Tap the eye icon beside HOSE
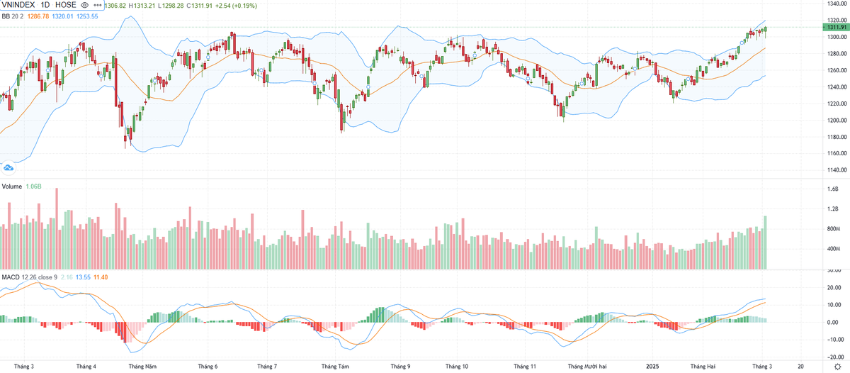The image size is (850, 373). pyautogui.click(x=84, y=5)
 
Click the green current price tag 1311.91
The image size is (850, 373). pyautogui.click(x=834, y=27)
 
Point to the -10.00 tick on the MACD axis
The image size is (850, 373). pyautogui.click(x=833, y=338)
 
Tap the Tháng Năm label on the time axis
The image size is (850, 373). pyautogui.click(x=142, y=366)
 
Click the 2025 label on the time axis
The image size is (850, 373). pyautogui.click(x=653, y=366)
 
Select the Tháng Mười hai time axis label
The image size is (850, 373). pyautogui.click(x=587, y=366)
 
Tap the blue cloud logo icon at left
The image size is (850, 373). pyautogui.click(x=9, y=167)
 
